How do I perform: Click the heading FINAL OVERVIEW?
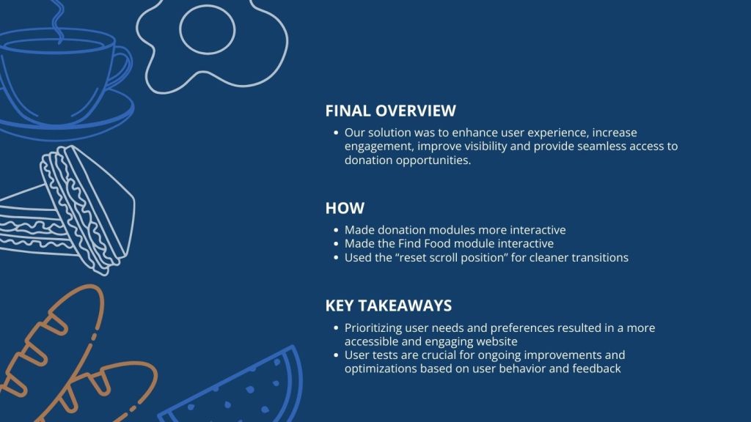pos(390,111)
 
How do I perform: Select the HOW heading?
pos(345,208)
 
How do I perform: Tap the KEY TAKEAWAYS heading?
pos(389,306)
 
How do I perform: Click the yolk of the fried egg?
pos(208,29)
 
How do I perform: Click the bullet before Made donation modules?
pos(336,230)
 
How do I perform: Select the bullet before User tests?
pos(336,355)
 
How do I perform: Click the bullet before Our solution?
pos(336,133)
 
